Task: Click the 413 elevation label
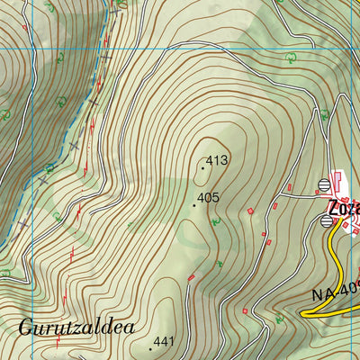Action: pos(219,162)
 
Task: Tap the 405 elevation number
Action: pos(209,198)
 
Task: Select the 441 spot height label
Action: pos(165,341)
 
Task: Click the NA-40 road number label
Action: pos(336,291)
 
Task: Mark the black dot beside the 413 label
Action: pos(204,166)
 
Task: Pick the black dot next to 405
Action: pos(193,204)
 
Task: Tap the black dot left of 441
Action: pos(149,347)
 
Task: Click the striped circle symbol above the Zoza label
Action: pos(324,184)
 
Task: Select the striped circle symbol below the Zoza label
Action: pos(327,220)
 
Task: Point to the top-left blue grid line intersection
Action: pos(32,49)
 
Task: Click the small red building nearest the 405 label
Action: pos(250,211)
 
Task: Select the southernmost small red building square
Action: pos(245,310)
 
